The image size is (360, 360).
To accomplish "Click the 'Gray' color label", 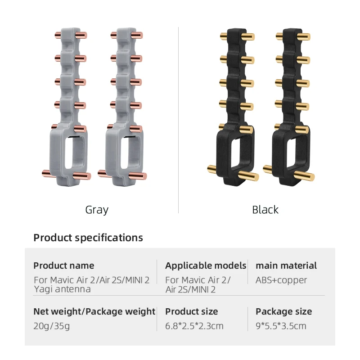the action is (97, 210).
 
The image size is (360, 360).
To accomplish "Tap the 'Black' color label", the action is (265, 210).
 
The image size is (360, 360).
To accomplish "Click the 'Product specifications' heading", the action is (88, 238).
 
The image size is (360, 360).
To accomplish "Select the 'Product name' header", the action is (64, 265).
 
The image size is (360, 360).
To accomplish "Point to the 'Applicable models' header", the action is (206, 265).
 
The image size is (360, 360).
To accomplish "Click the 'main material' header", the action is (286, 265).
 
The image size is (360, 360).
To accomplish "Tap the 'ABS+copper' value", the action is (281, 280).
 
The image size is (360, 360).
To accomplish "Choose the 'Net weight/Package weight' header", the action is (94, 311).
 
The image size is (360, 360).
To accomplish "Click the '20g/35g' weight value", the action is (52, 326).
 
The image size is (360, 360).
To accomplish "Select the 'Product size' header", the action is (192, 311).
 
